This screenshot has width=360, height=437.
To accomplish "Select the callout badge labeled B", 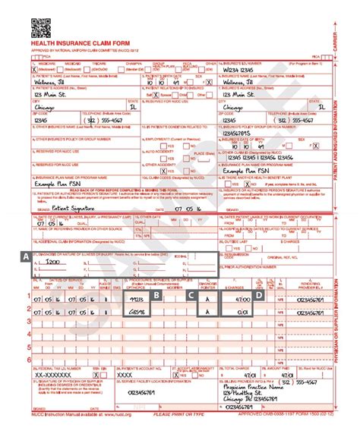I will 156,295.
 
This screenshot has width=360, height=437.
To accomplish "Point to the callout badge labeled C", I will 192,295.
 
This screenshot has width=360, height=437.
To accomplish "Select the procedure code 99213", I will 137,300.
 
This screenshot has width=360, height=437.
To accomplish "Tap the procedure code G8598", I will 137,312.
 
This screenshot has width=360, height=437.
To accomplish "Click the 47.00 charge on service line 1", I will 241,300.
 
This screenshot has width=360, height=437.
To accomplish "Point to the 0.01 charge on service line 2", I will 241,312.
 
